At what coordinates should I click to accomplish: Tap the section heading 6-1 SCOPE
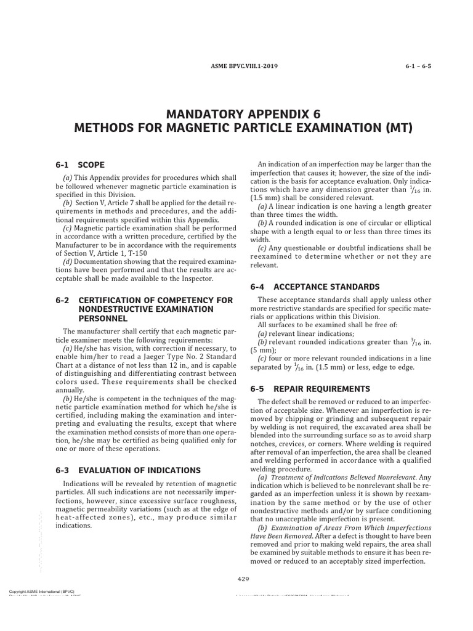(79, 165)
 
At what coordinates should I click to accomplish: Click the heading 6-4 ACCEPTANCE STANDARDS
(314, 287)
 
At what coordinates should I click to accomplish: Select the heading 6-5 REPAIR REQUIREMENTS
(309, 389)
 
